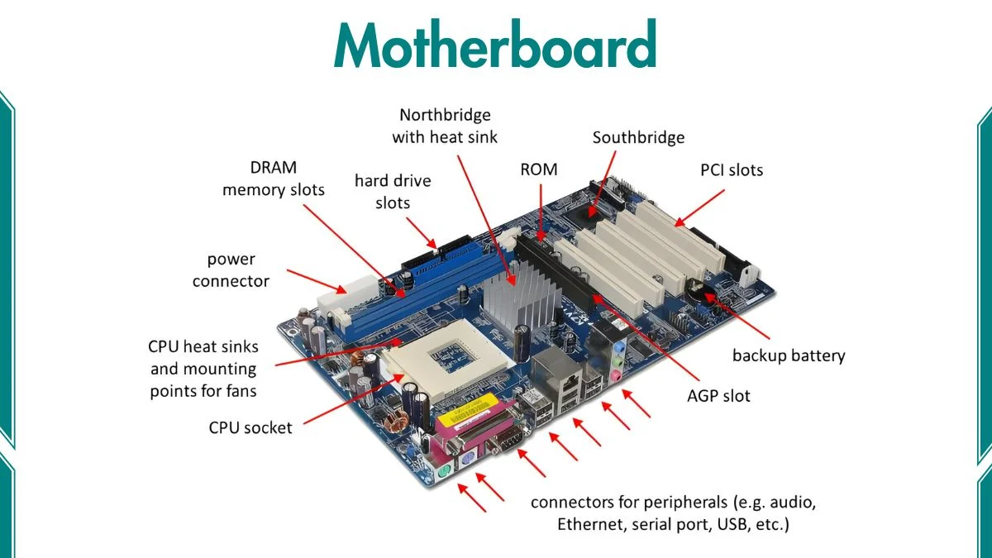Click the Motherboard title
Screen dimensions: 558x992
point(495,45)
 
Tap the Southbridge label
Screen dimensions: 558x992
point(638,137)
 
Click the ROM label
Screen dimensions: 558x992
point(539,169)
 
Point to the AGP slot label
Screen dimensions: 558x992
point(718,396)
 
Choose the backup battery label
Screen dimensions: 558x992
point(789,356)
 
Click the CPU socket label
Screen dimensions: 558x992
point(250,428)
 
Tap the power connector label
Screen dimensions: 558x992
point(231,270)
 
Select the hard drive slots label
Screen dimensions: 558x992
point(393,191)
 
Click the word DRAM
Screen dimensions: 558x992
point(273,167)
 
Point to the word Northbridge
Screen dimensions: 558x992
point(445,115)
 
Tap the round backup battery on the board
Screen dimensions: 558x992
point(699,290)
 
